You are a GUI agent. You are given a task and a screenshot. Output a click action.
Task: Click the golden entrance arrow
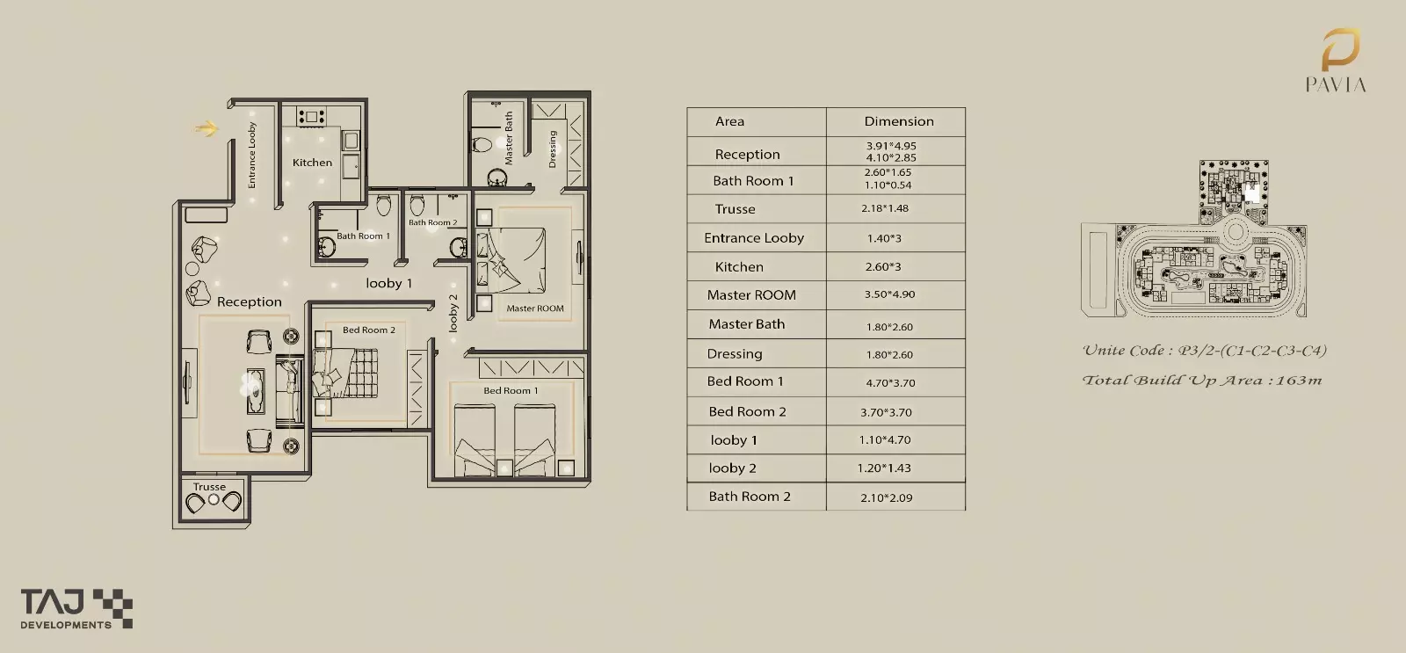207,128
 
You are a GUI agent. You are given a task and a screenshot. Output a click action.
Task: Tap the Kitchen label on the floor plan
312,163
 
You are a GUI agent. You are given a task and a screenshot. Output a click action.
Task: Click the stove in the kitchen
311,116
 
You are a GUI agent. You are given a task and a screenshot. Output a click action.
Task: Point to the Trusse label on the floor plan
209,487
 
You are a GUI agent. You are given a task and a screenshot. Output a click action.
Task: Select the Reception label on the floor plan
250,302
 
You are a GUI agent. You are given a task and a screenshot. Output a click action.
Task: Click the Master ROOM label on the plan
535,308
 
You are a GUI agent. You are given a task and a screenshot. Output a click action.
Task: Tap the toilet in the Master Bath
482,145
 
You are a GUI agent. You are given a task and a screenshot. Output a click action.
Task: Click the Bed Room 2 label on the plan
369,330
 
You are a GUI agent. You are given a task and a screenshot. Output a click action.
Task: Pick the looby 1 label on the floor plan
389,283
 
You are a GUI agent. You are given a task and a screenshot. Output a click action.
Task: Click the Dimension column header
899,121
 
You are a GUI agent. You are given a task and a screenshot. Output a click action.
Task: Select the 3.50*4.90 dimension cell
889,294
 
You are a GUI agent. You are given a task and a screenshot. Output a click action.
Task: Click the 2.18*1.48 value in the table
884,207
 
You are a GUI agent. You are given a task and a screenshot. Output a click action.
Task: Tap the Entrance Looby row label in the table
754,238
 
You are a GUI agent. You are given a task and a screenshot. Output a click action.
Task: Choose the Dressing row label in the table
735,353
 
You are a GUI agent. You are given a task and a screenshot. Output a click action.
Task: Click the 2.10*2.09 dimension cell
887,497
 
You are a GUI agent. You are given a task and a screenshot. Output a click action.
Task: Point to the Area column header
729,121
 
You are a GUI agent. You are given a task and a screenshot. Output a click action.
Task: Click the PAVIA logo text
1336,84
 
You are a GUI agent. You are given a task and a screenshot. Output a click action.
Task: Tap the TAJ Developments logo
76,608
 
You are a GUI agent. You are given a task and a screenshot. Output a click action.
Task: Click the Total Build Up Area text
1202,380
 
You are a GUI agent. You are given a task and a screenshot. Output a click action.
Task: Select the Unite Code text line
1205,351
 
